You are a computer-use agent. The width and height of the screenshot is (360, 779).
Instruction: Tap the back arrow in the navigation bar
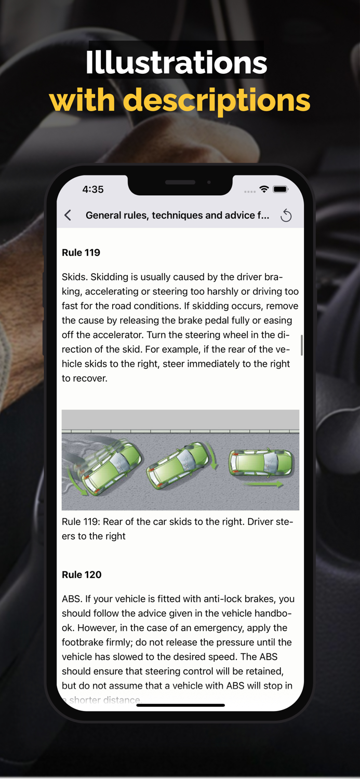68,215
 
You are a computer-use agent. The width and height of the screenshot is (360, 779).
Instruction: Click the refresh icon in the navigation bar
286,216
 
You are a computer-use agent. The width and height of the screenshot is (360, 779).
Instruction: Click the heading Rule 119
81,253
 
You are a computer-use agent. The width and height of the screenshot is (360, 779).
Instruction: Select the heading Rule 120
82,575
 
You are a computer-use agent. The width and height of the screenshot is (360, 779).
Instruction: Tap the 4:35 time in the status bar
93,190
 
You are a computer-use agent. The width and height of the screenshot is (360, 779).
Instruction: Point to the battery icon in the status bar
281,190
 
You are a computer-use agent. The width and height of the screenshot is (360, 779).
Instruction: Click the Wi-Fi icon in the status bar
264,190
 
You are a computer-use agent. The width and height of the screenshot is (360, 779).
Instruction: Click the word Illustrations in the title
176,63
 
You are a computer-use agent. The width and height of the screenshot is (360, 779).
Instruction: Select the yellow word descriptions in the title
217,100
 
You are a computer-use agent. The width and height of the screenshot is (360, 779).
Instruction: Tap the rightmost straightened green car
261,462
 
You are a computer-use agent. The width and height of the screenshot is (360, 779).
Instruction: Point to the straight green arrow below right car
265,485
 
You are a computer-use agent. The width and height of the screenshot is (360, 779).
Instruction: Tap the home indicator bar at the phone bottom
180,705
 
